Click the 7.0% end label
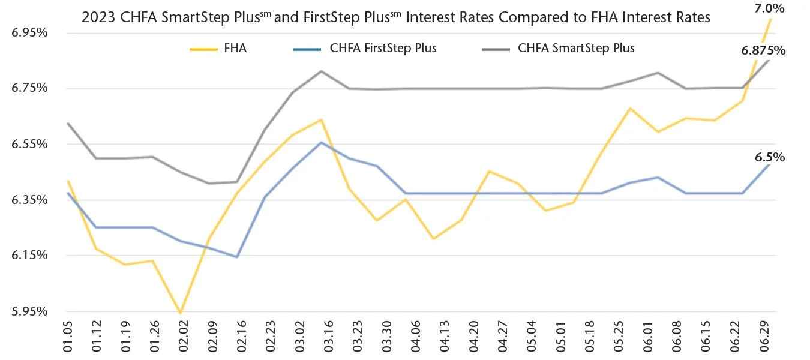[769, 9]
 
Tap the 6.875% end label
[763, 51]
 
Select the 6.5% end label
[770, 157]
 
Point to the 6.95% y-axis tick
[30, 32]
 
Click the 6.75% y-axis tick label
[30, 88]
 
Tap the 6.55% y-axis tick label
[30, 144]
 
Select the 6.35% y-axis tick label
[30, 200]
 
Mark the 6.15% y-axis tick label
[30, 256]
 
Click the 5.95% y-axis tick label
[30, 311]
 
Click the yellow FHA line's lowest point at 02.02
[179, 313]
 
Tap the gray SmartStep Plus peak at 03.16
[322, 71]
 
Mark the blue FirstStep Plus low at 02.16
[237, 257]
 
